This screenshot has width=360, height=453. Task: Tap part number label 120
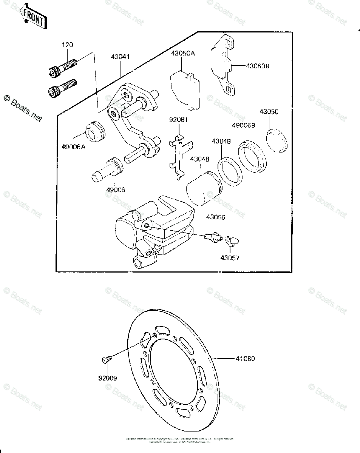point(68,45)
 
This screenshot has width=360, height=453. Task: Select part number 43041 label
point(120,57)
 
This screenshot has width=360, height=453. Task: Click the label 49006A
point(74,147)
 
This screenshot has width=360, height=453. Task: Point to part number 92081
point(178,120)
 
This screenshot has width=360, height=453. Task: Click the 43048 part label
point(199,159)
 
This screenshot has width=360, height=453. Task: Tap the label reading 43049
point(221,141)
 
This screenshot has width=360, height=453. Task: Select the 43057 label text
point(230,259)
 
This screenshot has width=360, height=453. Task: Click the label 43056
point(216,217)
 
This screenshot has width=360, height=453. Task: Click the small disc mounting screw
point(106,359)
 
